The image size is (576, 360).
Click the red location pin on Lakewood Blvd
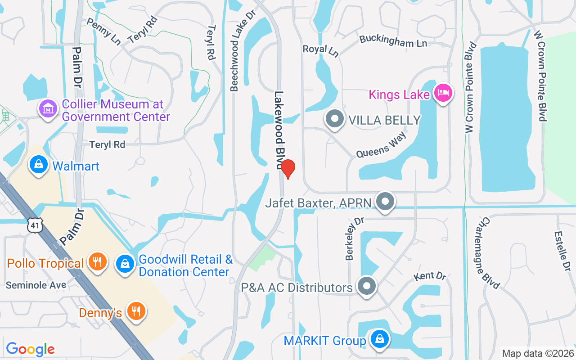(x=288, y=168)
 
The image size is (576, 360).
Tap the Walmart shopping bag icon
(x=39, y=165)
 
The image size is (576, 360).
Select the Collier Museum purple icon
(x=48, y=108)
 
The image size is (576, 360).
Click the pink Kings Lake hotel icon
(x=443, y=93)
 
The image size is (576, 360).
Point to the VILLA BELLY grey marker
(x=334, y=119)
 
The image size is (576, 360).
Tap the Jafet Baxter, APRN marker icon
(x=385, y=202)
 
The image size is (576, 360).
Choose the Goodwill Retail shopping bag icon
(x=125, y=263)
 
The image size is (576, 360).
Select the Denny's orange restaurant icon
(x=135, y=311)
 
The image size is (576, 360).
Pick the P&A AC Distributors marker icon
(x=366, y=286)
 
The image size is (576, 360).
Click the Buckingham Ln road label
(x=393, y=42)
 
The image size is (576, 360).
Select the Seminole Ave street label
(x=36, y=285)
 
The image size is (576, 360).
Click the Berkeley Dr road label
(x=354, y=239)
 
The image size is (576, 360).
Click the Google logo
(x=30, y=349)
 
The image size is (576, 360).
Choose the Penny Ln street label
(x=103, y=31)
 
